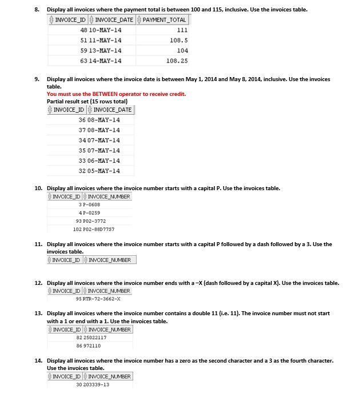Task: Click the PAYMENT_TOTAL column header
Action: coord(164,19)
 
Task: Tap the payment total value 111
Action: coord(182,30)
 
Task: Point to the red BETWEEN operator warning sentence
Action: coord(116,94)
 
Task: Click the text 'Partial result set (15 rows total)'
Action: coord(87,102)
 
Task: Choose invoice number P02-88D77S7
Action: coord(99,229)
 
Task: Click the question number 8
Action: coord(38,9)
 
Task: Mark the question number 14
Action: coord(38,361)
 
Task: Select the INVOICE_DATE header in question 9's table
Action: coord(112,110)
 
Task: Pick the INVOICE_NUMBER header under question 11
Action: coord(110,260)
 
